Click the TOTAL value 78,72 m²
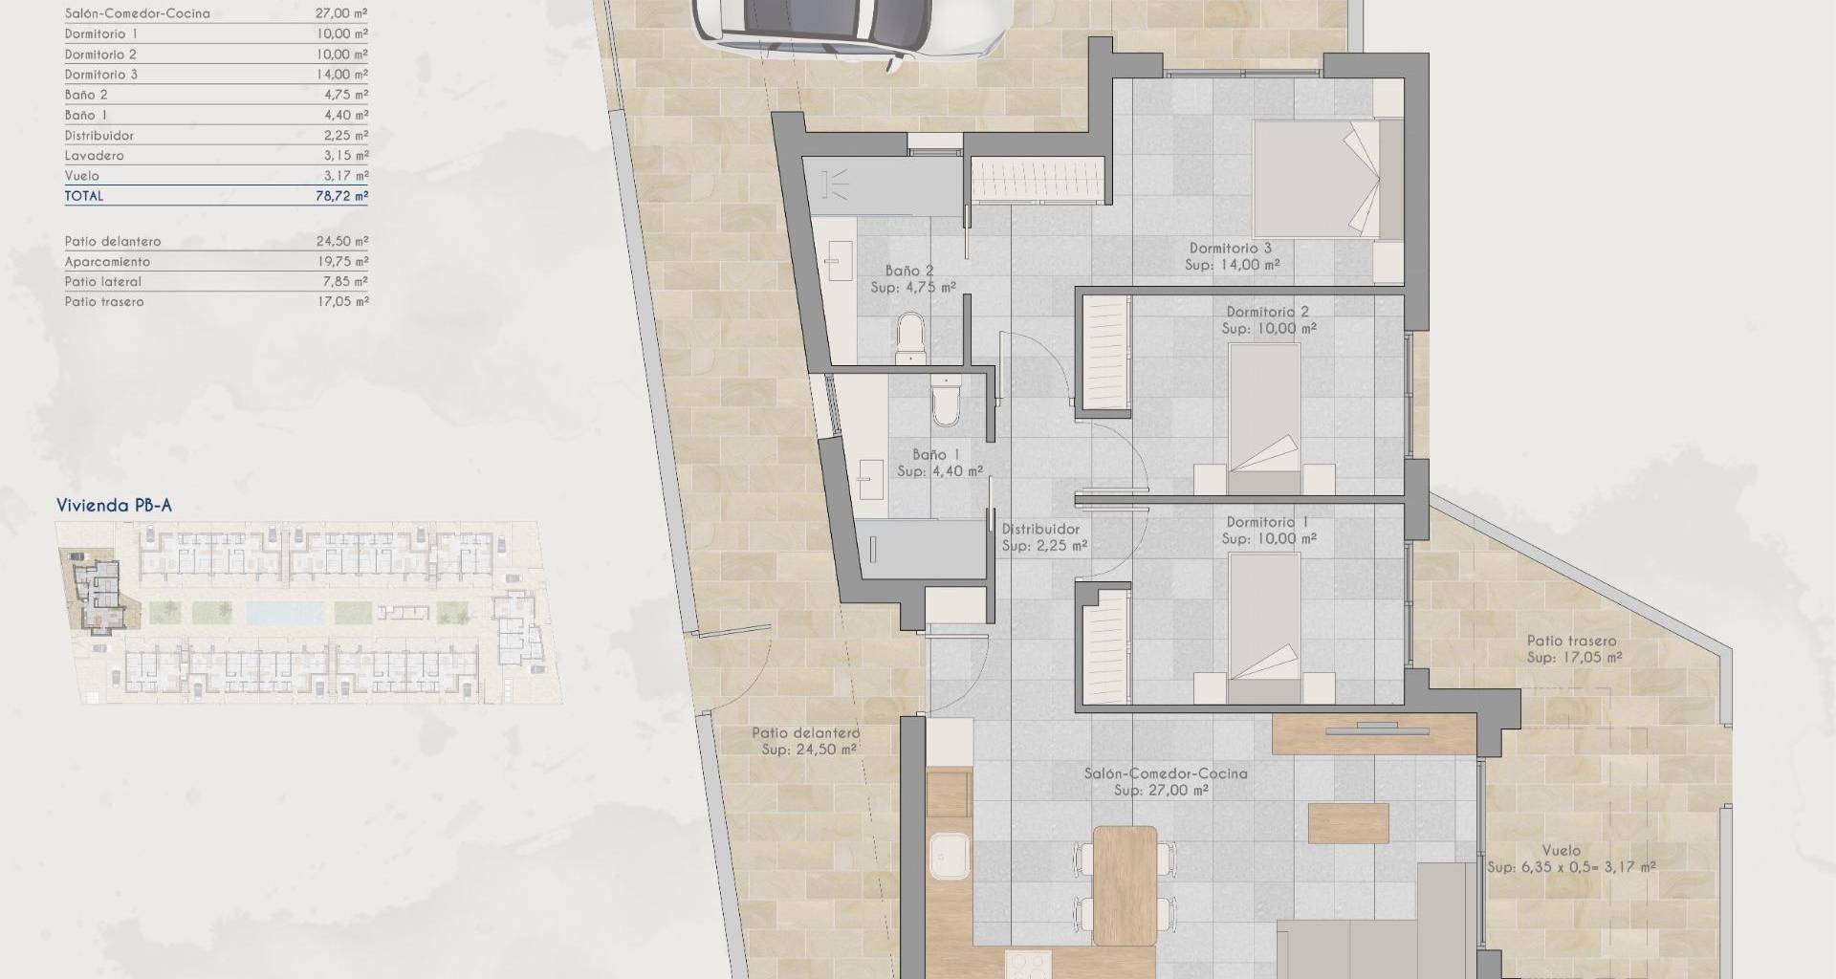[341, 196]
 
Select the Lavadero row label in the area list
[94, 156]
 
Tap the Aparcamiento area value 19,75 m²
[341, 261]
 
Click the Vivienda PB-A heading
[114, 506]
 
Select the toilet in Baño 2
[911, 340]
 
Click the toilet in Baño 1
[946, 401]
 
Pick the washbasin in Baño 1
[871, 478]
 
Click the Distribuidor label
[1040, 529]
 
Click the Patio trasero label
[1572, 642]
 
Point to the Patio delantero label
[805, 733]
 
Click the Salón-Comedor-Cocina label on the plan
[1166, 773]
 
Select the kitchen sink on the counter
[951, 857]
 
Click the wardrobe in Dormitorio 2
[1105, 353]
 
